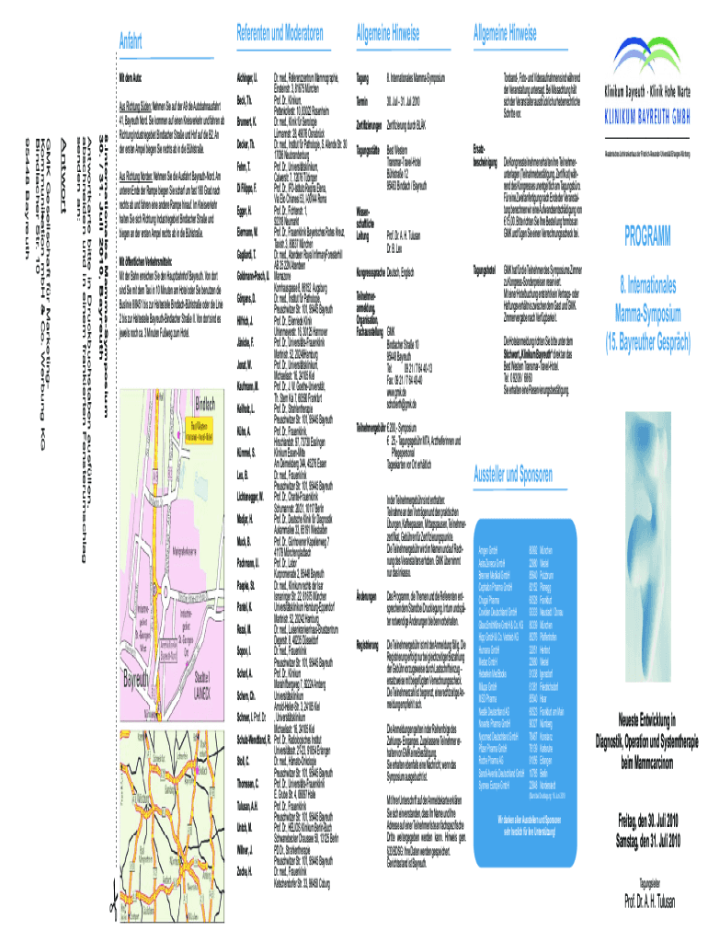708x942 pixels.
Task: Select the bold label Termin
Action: click(x=362, y=100)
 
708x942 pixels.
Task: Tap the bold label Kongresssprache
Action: click(x=373, y=274)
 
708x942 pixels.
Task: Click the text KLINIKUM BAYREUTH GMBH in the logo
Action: click(x=650, y=118)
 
